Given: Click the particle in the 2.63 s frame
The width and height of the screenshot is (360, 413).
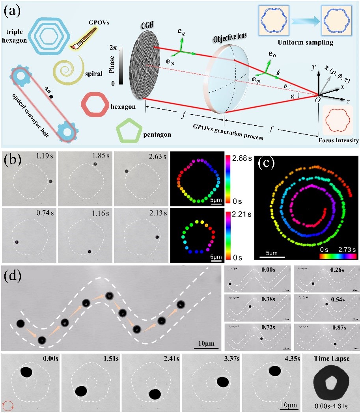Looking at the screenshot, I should [x=126, y=171].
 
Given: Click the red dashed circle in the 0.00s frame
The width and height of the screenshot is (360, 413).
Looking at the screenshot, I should [x=8, y=405].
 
